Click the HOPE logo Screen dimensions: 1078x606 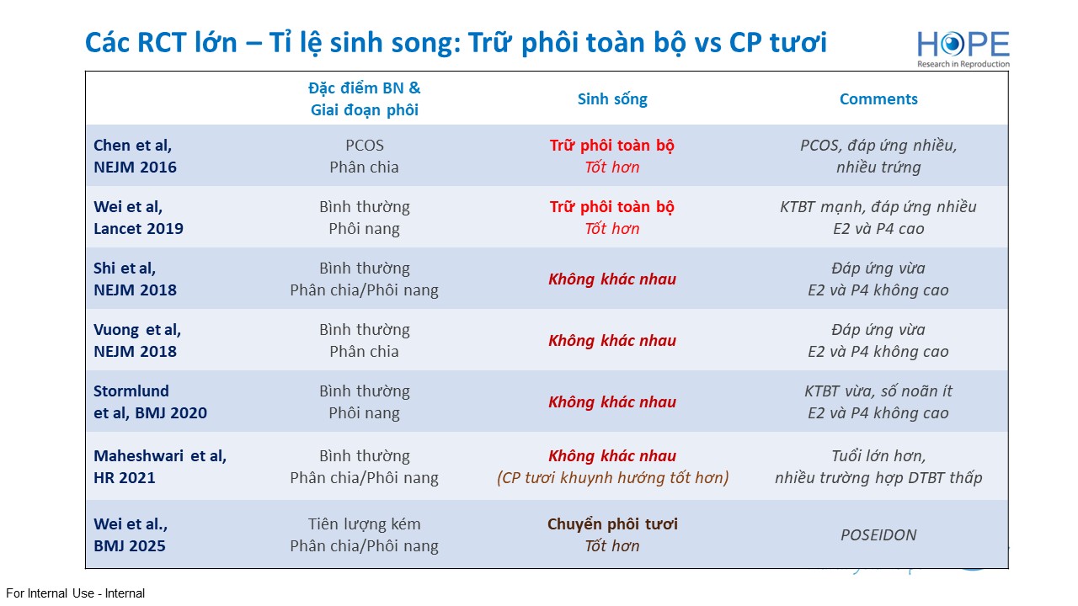[x=963, y=49]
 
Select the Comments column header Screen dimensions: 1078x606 [x=878, y=99]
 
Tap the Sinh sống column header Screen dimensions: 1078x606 [x=612, y=99]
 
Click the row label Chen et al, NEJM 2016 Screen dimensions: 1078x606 [x=135, y=156]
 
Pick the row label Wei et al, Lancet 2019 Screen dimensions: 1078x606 [x=138, y=217]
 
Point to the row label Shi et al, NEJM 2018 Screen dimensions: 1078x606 [x=135, y=279]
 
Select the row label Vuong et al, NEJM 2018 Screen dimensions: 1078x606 [x=137, y=341]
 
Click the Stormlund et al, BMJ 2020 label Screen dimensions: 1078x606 [x=150, y=401]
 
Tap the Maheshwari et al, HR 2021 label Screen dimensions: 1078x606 [x=160, y=466]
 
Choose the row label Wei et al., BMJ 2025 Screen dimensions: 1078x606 [x=131, y=534]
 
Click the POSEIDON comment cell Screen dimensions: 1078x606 [x=878, y=534]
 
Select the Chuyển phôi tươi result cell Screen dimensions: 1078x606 [x=612, y=534]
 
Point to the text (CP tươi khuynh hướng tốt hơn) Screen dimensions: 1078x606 [x=612, y=477]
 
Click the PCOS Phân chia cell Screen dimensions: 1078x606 [x=365, y=156]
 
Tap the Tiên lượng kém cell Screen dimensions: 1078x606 [x=365, y=534]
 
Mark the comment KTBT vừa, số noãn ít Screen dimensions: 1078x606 [x=878, y=391]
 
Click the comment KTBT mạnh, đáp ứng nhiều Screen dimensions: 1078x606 [x=878, y=207]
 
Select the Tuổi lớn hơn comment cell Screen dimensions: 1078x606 [x=878, y=466]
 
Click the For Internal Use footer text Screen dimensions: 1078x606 [x=75, y=593]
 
